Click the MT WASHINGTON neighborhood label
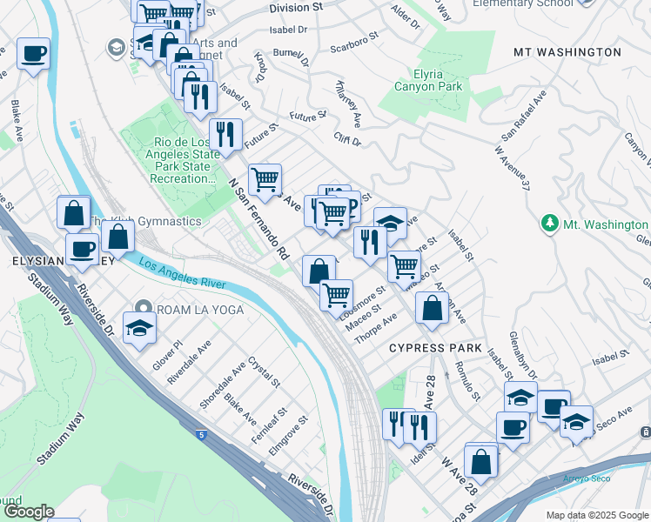coord(567,52)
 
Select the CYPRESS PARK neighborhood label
coord(435,348)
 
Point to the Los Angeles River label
coord(181,274)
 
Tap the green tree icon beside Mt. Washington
coord(549,224)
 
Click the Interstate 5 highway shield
coord(200,432)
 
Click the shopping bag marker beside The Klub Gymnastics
coord(117,236)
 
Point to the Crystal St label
coord(264,371)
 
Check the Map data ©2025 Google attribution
coord(597,514)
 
